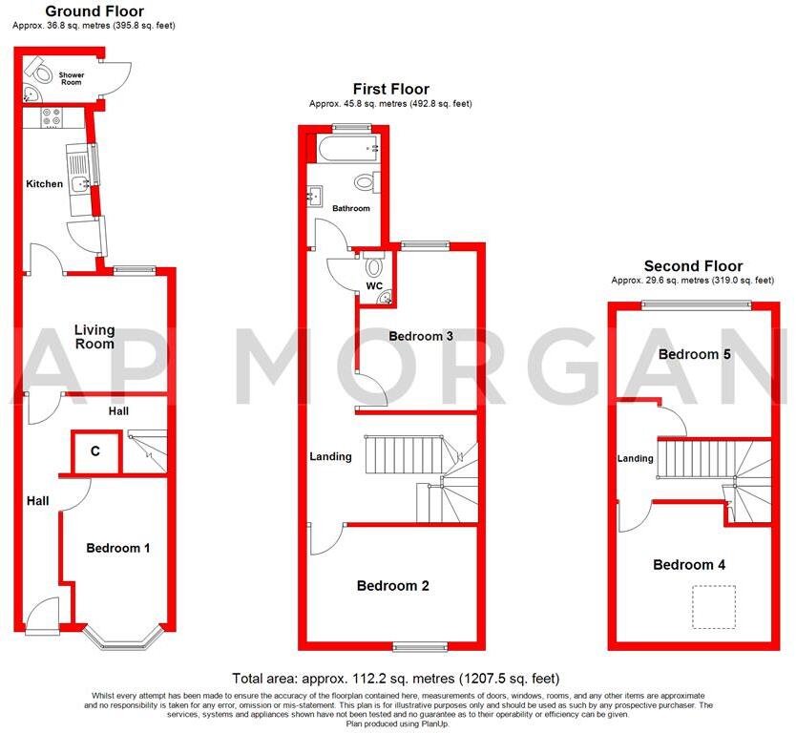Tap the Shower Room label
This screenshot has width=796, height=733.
[x=72, y=78]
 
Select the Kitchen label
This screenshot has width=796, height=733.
[x=44, y=184]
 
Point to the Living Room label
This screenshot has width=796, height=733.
[x=94, y=337]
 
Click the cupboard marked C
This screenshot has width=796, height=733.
[x=95, y=452]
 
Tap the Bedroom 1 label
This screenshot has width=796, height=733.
[x=118, y=548]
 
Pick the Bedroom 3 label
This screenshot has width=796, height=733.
[x=421, y=336]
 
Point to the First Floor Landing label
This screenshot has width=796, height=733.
[x=330, y=456]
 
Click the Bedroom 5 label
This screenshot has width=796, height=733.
[x=695, y=354]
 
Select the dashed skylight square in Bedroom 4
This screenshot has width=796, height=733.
[x=713, y=608]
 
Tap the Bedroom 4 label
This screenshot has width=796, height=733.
[x=688, y=565]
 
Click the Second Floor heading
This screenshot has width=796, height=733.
[x=693, y=266]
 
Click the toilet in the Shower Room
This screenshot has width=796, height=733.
[x=40, y=69]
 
